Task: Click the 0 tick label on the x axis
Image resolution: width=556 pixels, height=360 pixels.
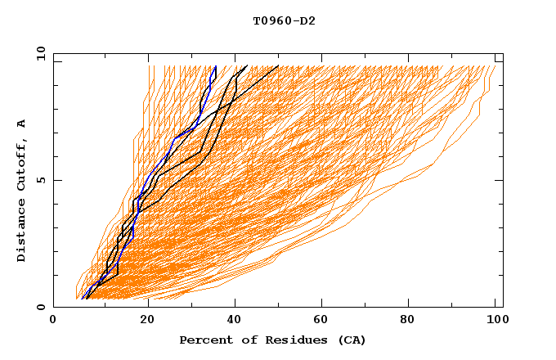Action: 53,322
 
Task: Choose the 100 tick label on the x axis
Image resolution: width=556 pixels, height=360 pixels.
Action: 495,322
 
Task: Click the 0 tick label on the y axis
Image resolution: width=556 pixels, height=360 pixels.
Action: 40,307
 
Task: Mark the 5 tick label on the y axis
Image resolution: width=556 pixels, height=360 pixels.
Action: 40,180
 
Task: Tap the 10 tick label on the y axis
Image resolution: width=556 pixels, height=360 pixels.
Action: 38,52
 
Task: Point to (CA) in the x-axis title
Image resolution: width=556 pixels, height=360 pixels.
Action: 350,340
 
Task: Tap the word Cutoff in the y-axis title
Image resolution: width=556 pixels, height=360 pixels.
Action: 22,164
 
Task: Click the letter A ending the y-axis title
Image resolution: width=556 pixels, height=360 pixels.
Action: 22,123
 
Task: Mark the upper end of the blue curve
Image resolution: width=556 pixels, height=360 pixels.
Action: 215,66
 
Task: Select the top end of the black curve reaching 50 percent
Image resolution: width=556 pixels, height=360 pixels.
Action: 278,66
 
